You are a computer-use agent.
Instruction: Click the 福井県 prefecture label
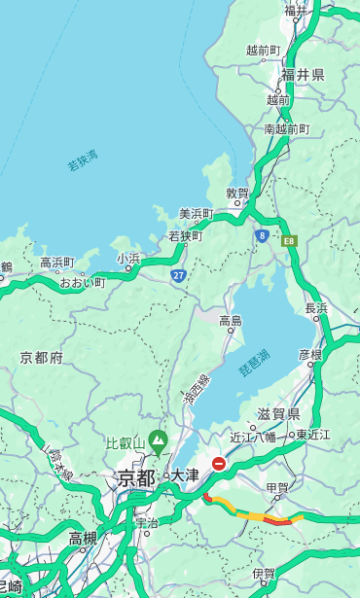[x=303, y=75]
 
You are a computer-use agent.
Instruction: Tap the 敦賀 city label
[x=238, y=193]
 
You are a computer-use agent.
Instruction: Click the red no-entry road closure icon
[x=219, y=464]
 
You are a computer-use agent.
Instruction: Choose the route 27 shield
[x=178, y=275]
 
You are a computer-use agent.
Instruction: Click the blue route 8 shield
[x=262, y=234]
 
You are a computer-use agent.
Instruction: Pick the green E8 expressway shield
[x=288, y=238]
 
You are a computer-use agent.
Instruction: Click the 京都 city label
[x=136, y=477]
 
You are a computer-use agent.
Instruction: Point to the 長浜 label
[x=316, y=308]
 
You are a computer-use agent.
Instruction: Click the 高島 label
[x=231, y=321]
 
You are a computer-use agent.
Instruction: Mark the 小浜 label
[x=128, y=259]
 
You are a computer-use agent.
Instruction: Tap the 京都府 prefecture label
[x=42, y=358]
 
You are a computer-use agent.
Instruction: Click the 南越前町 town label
[x=286, y=129]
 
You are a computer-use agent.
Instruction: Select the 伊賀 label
[x=263, y=574]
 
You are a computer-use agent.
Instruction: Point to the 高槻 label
[x=83, y=538]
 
